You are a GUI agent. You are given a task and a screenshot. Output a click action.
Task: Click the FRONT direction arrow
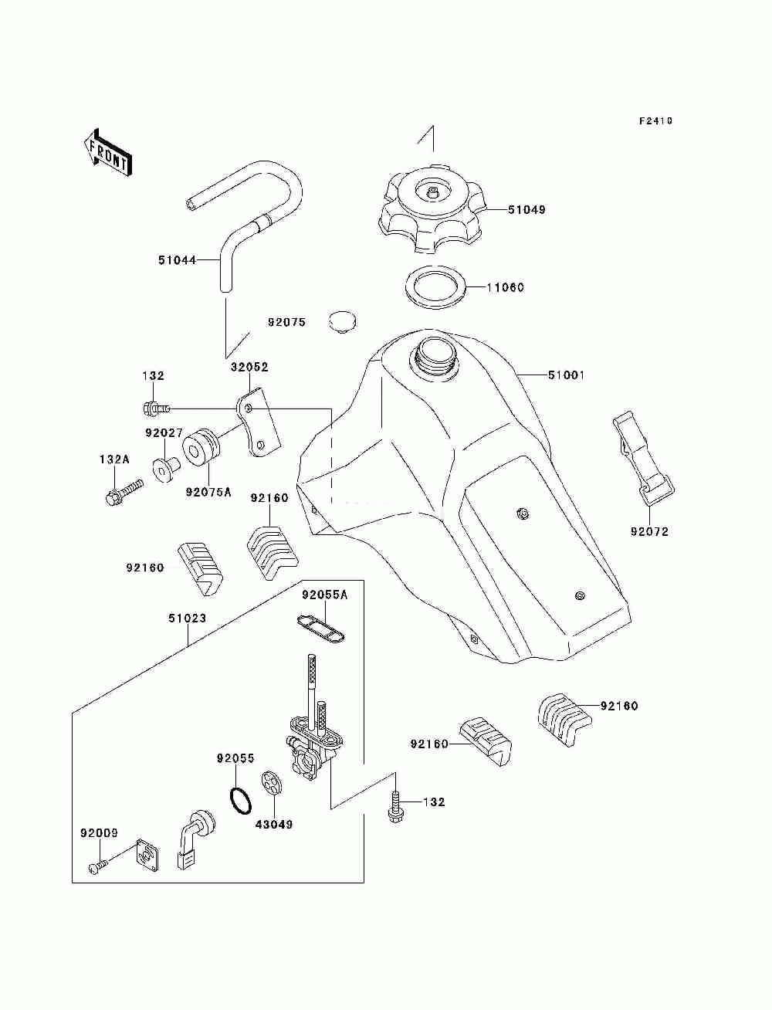(x=108, y=152)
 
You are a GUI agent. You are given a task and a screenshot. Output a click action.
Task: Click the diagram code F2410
(x=655, y=121)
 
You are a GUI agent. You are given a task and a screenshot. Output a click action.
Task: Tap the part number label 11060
(x=505, y=287)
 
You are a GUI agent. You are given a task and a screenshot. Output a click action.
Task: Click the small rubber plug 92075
(x=344, y=323)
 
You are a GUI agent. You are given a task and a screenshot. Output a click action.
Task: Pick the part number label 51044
(x=177, y=260)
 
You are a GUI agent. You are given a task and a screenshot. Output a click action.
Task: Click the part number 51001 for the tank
(x=566, y=375)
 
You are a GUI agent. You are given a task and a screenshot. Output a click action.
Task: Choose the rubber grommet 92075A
(x=201, y=447)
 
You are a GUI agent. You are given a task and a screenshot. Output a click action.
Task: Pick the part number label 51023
(x=188, y=619)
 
